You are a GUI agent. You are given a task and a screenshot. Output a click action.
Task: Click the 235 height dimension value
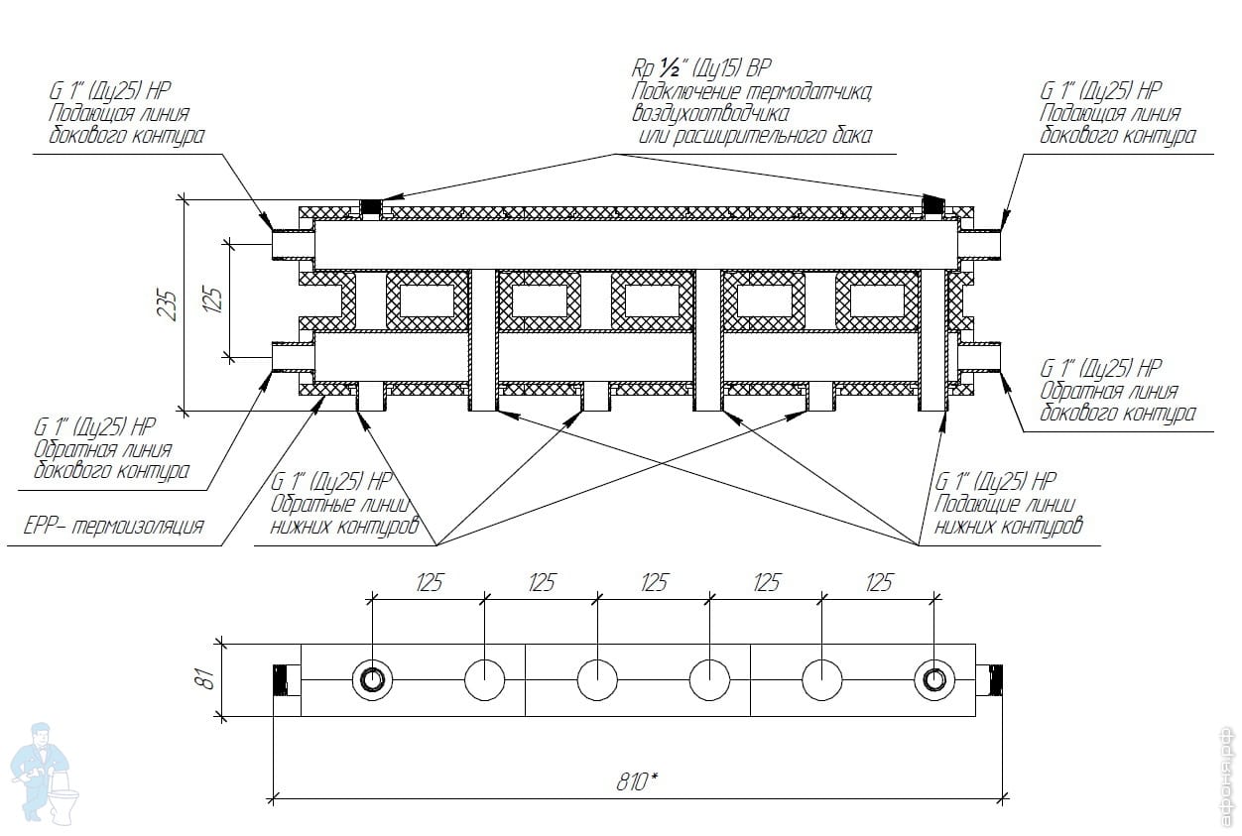point(168,303)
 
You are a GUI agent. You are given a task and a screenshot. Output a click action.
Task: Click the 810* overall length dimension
point(637,782)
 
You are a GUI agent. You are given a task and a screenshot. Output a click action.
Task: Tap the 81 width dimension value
point(205,679)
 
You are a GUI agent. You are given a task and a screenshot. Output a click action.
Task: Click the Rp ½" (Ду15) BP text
point(701,68)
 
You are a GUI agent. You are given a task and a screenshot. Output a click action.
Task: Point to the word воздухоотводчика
point(710,114)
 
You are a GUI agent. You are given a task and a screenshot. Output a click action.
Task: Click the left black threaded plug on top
point(370,207)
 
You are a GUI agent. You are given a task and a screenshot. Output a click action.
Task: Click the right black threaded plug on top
point(933,205)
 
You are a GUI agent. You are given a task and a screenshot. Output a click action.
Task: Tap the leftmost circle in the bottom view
point(372,679)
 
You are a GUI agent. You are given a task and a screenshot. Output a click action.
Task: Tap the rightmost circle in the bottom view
point(934,679)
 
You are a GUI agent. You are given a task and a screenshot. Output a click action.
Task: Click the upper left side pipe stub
point(293,244)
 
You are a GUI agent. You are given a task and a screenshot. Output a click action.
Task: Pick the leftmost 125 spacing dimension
point(430,583)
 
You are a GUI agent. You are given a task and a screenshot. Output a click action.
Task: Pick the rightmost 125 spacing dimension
point(879,583)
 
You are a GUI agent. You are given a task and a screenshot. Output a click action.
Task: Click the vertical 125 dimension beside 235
point(213,299)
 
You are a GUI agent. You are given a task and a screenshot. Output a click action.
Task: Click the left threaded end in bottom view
point(280,679)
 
